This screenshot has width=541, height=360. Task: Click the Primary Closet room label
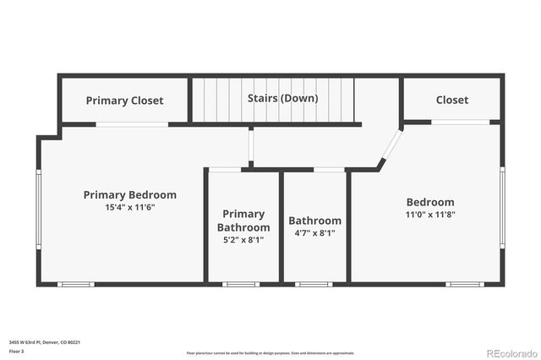pos(124,101)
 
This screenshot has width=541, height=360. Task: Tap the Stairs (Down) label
pos(282,98)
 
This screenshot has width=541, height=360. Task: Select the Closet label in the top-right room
pos(452,100)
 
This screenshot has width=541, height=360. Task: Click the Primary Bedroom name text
pos(130,194)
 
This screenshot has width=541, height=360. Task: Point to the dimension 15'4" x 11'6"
pos(130,207)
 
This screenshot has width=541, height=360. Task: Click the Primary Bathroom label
pos(243,221)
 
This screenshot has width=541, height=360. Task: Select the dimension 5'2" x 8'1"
pos(243,239)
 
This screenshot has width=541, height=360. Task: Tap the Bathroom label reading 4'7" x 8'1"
pos(314,221)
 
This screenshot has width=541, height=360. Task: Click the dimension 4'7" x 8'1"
pos(314,232)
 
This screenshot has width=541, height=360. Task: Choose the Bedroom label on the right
pos(430,202)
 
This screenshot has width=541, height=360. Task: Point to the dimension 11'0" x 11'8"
pos(430,215)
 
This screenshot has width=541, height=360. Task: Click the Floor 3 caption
pos(16,350)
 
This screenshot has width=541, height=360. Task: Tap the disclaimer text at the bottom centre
pos(270,352)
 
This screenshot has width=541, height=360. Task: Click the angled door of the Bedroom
pos(391,145)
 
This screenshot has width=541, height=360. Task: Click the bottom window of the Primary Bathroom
pos(241,284)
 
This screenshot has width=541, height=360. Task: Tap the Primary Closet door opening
pos(131,124)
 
